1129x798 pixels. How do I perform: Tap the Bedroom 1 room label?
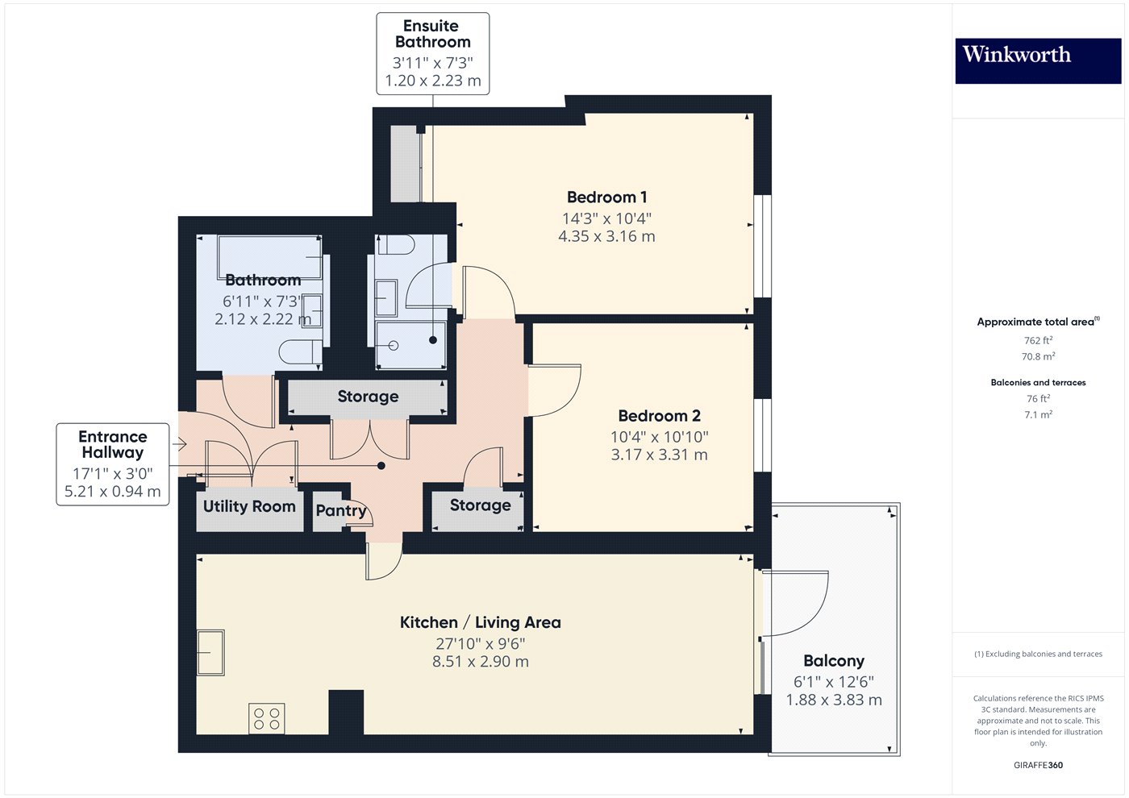(606, 197)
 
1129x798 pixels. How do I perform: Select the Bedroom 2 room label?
(659, 416)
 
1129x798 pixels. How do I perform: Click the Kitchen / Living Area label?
(481, 622)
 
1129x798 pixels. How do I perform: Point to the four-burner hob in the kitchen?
(267, 718)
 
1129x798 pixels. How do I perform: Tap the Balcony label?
(833, 661)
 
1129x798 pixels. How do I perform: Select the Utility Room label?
(249, 506)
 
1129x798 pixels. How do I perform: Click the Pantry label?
(340, 510)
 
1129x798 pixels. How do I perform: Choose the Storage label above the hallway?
(368, 397)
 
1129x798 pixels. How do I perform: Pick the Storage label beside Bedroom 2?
(480, 505)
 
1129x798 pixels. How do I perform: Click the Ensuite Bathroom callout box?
(433, 53)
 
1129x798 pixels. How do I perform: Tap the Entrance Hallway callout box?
(113, 464)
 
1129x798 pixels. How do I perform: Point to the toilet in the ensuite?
(395, 245)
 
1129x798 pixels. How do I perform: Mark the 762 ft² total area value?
(1038, 340)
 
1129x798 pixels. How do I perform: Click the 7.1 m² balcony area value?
(1038, 414)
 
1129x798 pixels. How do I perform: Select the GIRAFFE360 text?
(1038, 765)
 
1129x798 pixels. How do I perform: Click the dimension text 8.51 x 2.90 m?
(481, 662)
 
